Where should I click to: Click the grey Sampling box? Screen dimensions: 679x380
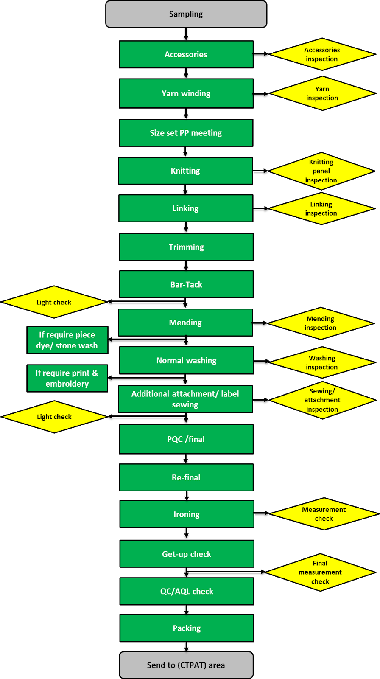[x=186, y=14]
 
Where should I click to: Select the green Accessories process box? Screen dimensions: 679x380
[x=186, y=54]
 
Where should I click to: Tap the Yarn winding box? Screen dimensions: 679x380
[x=186, y=93]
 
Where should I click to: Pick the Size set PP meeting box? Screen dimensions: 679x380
[x=186, y=133]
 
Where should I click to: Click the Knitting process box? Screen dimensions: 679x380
[x=186, y=171]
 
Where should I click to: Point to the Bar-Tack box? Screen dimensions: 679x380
[x=186, y=284]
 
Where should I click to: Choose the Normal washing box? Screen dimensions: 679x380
[x=187, y=360]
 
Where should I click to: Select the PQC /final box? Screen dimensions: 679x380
[x=186, y=439]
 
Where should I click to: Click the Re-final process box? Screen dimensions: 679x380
[x=186, y=477]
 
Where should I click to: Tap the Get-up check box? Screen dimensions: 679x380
[x=187, y=554]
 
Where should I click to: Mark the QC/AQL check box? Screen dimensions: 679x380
[x=187, y=591]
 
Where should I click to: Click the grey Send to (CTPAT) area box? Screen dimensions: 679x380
[x=186, y=665]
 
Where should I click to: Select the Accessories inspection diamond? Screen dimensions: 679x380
[x=322, y=54]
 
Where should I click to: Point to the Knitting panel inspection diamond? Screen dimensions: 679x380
[x=321, y=171]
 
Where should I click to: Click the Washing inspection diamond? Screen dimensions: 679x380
[x=322, y=363]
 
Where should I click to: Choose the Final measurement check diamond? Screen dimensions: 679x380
[x=320, y=572]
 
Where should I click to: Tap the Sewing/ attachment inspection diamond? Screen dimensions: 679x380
[x=322, y=400]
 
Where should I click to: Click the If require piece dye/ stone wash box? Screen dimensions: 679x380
[x=67, y=340]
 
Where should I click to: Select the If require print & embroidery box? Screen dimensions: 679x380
[x=67, y=378]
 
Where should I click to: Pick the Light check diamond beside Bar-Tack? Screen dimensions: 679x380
[x=54, y=302]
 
